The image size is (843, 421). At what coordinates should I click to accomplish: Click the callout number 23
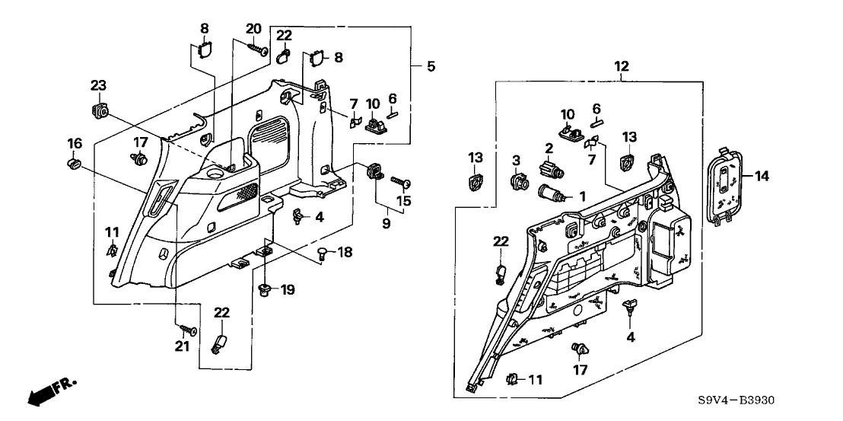(x=97, y=85)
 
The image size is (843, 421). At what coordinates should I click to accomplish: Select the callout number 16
(x=75, y=142)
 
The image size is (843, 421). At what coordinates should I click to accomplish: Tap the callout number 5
(x=431, y=66)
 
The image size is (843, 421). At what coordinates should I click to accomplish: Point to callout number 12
(x=622, y=66)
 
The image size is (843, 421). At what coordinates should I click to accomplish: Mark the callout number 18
(x=345, y=250)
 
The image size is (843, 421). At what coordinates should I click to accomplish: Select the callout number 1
(x=581, y=196)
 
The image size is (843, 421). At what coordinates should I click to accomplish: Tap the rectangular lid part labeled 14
(x=724, y=186)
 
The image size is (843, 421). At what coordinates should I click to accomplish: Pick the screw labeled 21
(x=187, y=330)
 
